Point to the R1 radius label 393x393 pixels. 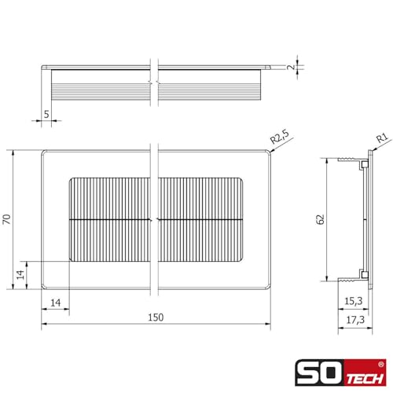pos(381,139)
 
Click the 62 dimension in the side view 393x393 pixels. pos(320,219)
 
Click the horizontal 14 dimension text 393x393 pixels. pos(55,301)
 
